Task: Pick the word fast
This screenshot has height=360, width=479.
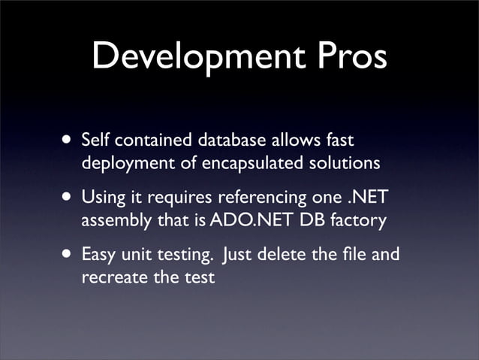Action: pyautogui.click(x=338, y=140)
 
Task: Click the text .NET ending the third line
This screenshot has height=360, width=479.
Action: pyautogui.click(x=372, y=198)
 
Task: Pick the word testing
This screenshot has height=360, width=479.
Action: pyautogui.click(x=181, y=256)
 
